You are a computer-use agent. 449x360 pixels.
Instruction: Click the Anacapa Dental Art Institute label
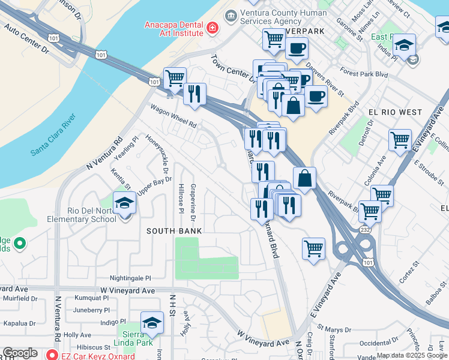173,29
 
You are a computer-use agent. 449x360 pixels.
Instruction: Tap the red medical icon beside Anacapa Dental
211,28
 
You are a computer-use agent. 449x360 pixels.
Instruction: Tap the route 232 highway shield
364,229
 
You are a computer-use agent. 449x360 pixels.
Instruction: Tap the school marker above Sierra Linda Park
152,323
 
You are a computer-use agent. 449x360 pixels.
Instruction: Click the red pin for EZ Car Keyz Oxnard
52,355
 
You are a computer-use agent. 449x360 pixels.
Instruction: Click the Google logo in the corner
20,353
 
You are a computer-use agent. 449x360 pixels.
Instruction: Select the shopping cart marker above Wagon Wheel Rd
174,77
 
